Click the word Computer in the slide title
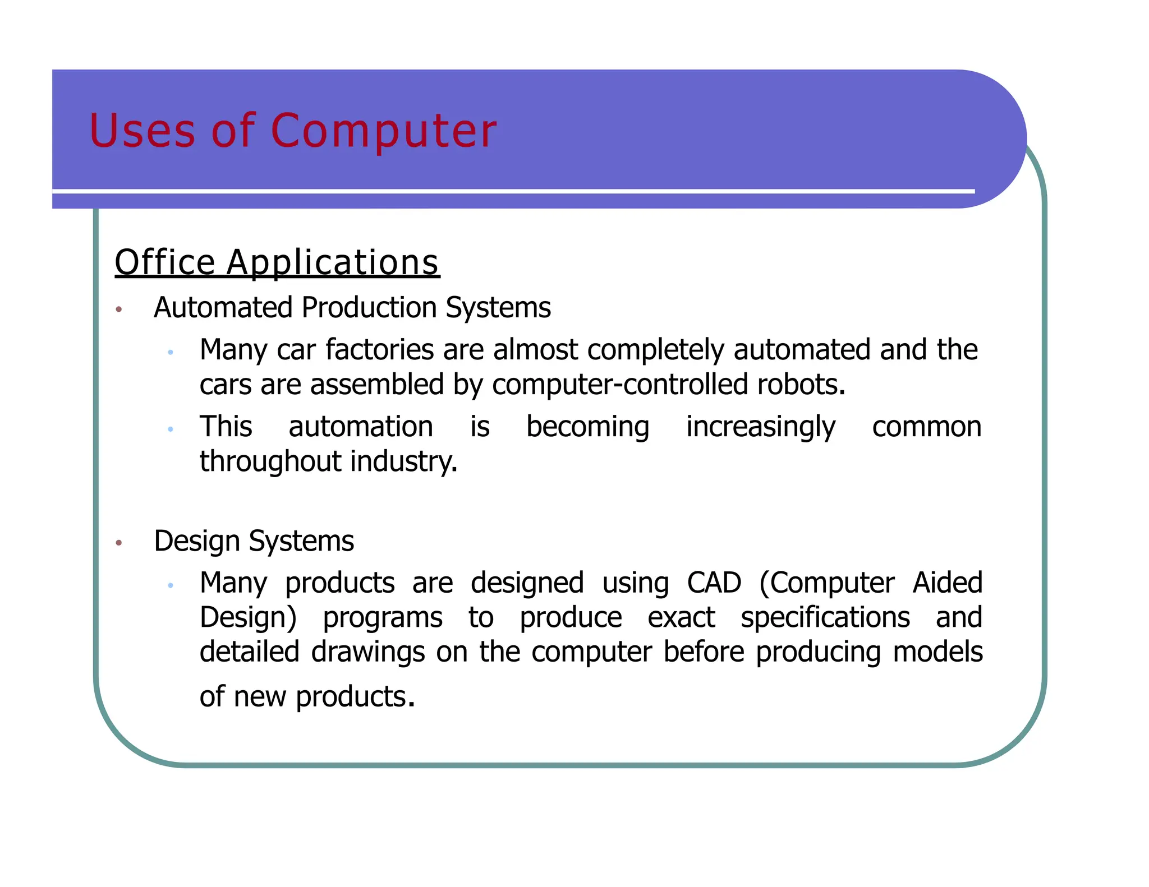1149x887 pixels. pyautogui.click(x=383, y=131)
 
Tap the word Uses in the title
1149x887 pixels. pyautogui.click(x=142, y=131)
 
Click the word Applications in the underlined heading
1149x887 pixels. pyautogui.click(x=332, y=263)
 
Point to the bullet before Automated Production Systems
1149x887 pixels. pyautogui.click(x=118, y=309)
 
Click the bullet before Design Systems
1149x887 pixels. pyautogui.click(x=118, y=543)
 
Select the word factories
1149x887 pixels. pyautogui.click(x=380, y=350)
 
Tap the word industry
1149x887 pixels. pyautogui.click(x=404, y=462)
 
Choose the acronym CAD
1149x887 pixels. pyautogui.click(x=714, y=583)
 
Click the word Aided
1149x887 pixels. pyautogui.click(x=947, y=583)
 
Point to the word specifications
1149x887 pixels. pyautogui.click(x=825, y=618)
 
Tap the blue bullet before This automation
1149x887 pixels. pyautogui.click(x=171, y=429)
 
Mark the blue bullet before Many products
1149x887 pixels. pyautogui.click(x=171, y=586)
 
